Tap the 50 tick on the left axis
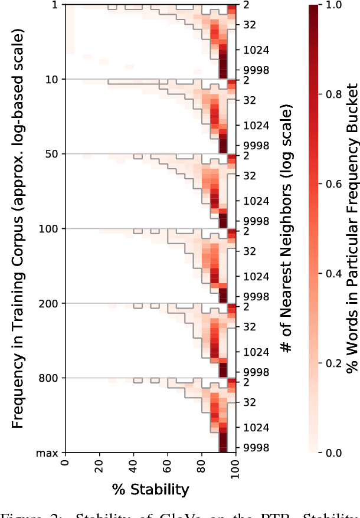pyautogui.click(x=55, y=154)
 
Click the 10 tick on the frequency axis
pyautogui.click(x=55, y=79)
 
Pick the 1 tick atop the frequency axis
pyautogui.click(x=58, y=5)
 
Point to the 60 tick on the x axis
pyautogui.click(x=168, y=465)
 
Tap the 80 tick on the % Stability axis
pyautogui.click(x=202, y=465)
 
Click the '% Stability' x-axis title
pyautogui.click(x=150, y=489)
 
